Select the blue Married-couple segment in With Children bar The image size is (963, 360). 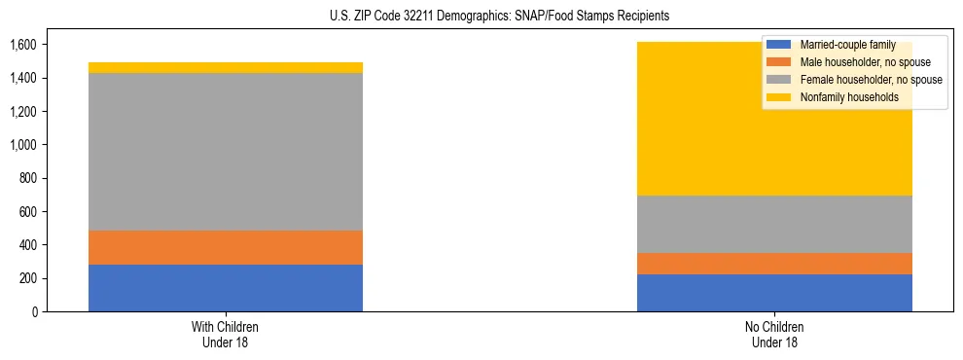(226, 288)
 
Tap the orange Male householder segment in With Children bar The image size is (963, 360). (226, 247)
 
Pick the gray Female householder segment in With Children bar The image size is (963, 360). (226, 152)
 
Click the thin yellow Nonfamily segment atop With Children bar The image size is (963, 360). (226, 67)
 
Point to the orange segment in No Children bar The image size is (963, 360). (774, 264)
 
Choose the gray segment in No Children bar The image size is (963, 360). (774, 224)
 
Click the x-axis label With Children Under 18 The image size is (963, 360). (226, 334)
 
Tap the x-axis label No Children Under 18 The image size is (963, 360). (774, 334)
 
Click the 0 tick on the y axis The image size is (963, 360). (33, 311)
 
